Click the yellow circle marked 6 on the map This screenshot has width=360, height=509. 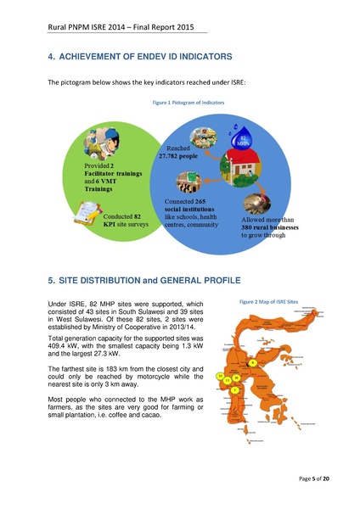click(x=252, y=363)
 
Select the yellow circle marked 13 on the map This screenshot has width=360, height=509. click(x=227, y=380)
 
